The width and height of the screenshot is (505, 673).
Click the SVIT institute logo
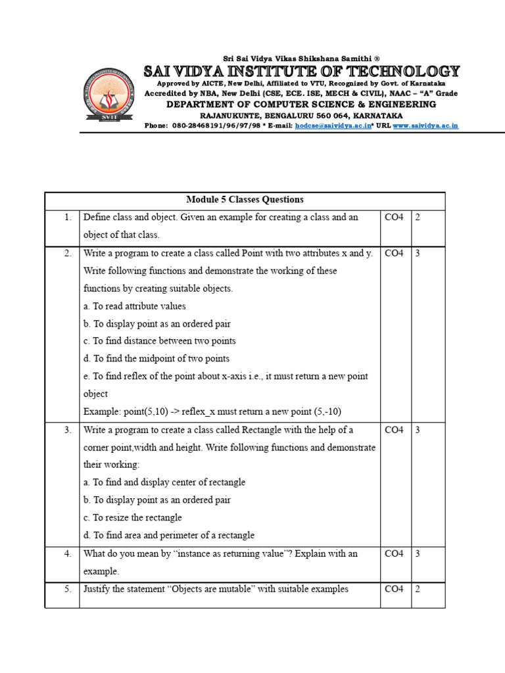point(109,96)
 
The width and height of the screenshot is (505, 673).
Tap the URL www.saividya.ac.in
point(425,125)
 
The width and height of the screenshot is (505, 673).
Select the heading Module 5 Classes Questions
point(245,200)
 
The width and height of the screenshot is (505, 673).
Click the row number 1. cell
point(68,218)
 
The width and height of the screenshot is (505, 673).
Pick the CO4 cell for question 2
point(394,253)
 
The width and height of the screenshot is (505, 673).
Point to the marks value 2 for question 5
point(417,589)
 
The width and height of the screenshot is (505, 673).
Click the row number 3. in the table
point(68,430)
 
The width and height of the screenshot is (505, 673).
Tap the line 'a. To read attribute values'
point(134,306)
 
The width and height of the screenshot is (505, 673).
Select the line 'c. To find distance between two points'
point(159,341)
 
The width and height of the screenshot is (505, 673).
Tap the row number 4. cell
point(68,553)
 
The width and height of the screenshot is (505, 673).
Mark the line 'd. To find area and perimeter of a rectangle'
point(168,536)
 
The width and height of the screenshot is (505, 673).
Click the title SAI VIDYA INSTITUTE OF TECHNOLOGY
point(302,71)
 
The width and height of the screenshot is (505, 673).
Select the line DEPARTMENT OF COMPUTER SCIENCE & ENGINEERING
point(301,104)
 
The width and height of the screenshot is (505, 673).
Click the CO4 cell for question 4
point(394,553)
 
